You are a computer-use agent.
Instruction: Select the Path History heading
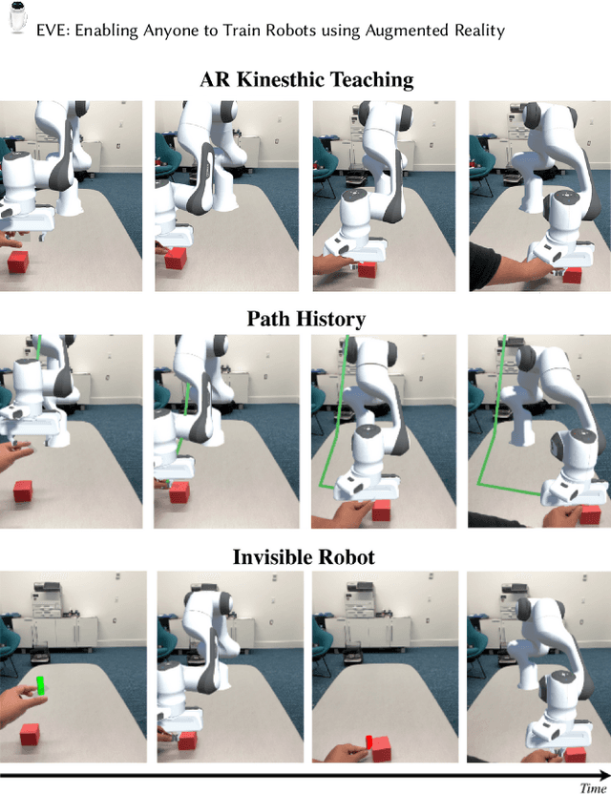(x=305, y=318)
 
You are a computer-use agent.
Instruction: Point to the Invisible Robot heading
(x=304, y=556)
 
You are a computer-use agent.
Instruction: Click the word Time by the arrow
(x=592, y=786)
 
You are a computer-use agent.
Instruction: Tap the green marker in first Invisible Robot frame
(x=41, y=684)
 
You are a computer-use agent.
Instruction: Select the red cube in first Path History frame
(x=25, y=491)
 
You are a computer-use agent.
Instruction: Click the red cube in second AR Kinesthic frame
(x=175, y=259)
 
